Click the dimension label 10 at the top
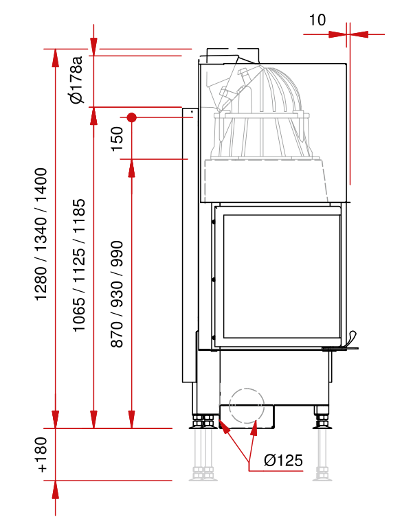click(x=317, y=20)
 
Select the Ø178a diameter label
click(x=76, y=80)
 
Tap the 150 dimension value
click(x=117, y=139)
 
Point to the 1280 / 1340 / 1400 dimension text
click(x=41, y=234)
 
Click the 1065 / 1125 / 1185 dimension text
click(x=79, y=265)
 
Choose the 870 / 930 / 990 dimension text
click(x=117, y=294)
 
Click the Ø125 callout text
click(x=283, y=460)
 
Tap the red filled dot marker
click(x=132, y=117)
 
